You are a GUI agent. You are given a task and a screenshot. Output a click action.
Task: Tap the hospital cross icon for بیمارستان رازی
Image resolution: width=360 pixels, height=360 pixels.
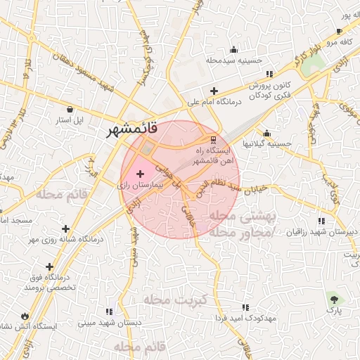click(x=138, y=173)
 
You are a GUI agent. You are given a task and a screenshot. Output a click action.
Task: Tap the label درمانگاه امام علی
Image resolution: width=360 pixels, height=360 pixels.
click(x=214, y=103)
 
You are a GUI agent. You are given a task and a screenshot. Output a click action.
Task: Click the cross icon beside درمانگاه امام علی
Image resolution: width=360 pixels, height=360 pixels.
click(x=214, y=91)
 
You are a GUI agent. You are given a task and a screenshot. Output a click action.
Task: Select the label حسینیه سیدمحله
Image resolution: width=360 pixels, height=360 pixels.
click(x=233, y=60)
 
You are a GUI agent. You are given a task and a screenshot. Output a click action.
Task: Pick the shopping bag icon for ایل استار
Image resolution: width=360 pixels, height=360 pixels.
click(x=70, y=109)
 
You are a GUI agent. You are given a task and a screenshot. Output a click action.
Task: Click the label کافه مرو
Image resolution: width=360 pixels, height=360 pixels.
click(x=335, y=43)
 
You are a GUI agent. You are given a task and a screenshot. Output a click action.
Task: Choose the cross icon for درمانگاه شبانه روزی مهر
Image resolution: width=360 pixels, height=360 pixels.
click(x=65, y=229)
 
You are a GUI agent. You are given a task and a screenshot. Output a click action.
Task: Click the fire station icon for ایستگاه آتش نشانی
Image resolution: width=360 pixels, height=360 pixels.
click(x=25, y=316)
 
